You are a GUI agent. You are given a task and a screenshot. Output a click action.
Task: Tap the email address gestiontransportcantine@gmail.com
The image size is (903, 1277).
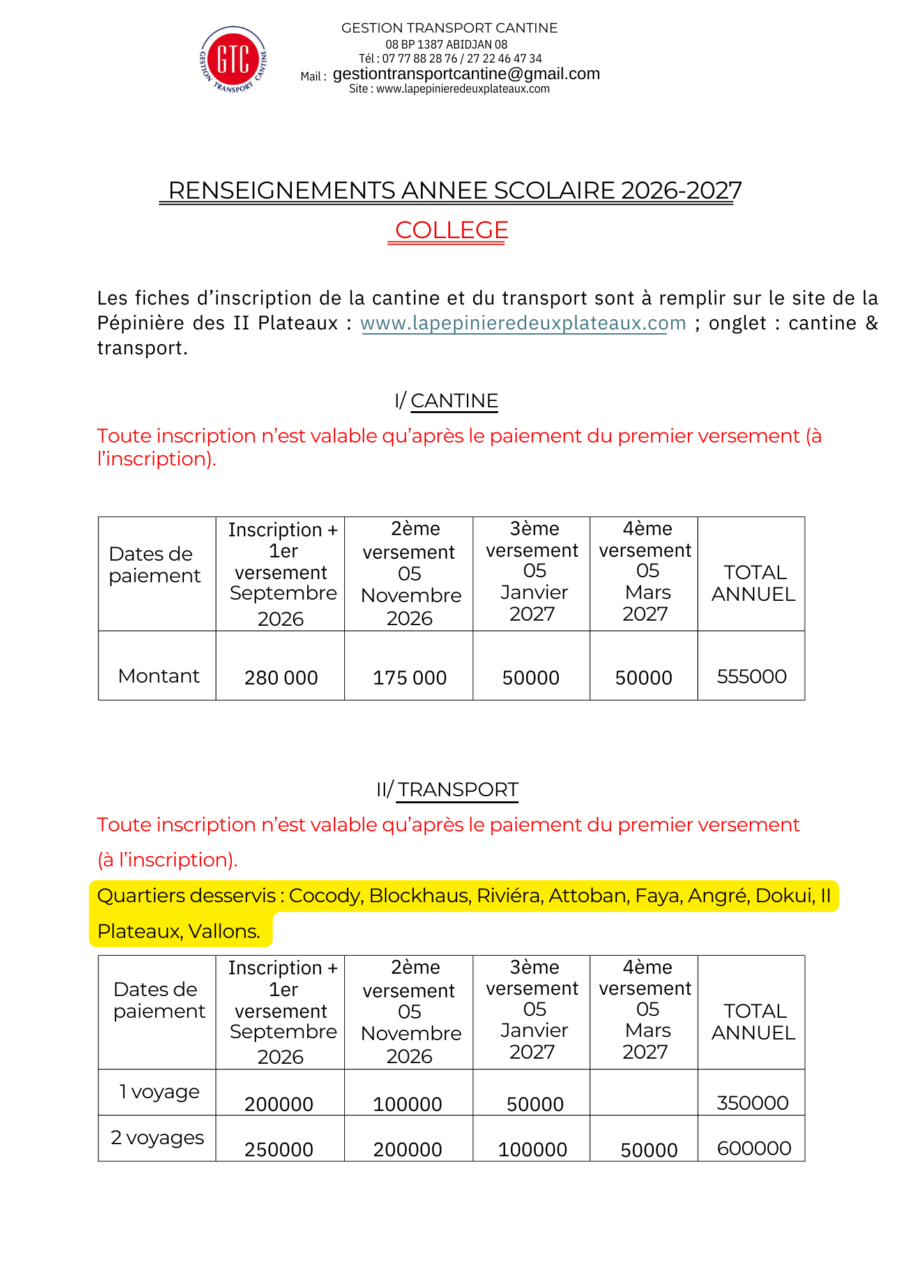(466, 74)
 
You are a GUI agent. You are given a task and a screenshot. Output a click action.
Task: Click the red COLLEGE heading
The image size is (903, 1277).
(451, 230)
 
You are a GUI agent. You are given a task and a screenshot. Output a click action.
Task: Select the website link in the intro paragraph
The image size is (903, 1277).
(523, 323)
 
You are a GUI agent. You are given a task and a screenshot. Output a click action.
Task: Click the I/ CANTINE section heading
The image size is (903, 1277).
(446, 401)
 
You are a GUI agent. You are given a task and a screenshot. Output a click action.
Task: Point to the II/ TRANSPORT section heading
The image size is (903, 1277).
(447, 790)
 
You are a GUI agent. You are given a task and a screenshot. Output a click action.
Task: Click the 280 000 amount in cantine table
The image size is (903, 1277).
(281, 677)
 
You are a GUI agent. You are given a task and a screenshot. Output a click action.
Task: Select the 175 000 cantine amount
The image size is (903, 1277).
(409, 677)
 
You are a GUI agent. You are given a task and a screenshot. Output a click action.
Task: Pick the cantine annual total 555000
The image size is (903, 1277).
(752, 676)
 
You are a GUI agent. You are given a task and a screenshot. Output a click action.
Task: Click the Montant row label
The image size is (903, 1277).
(158, 676)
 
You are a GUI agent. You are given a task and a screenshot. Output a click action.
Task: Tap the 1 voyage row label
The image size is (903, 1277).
(159, 1092)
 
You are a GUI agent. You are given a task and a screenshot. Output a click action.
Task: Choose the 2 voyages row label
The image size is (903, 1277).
(157, 1138)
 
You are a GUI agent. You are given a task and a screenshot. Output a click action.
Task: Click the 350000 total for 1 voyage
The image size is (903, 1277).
(752, 1103)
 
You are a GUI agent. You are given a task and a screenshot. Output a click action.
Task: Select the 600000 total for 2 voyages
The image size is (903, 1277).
(754, 1149)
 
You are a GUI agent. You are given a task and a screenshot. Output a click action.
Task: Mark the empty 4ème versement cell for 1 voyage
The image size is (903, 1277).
(644, 1092)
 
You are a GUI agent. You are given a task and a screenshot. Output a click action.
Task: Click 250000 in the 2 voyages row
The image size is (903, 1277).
(279, 1149)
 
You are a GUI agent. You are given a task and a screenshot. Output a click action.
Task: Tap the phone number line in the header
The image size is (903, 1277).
(450, 59)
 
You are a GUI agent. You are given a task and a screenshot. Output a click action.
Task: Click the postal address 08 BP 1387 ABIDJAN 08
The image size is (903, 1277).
(446, 45)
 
